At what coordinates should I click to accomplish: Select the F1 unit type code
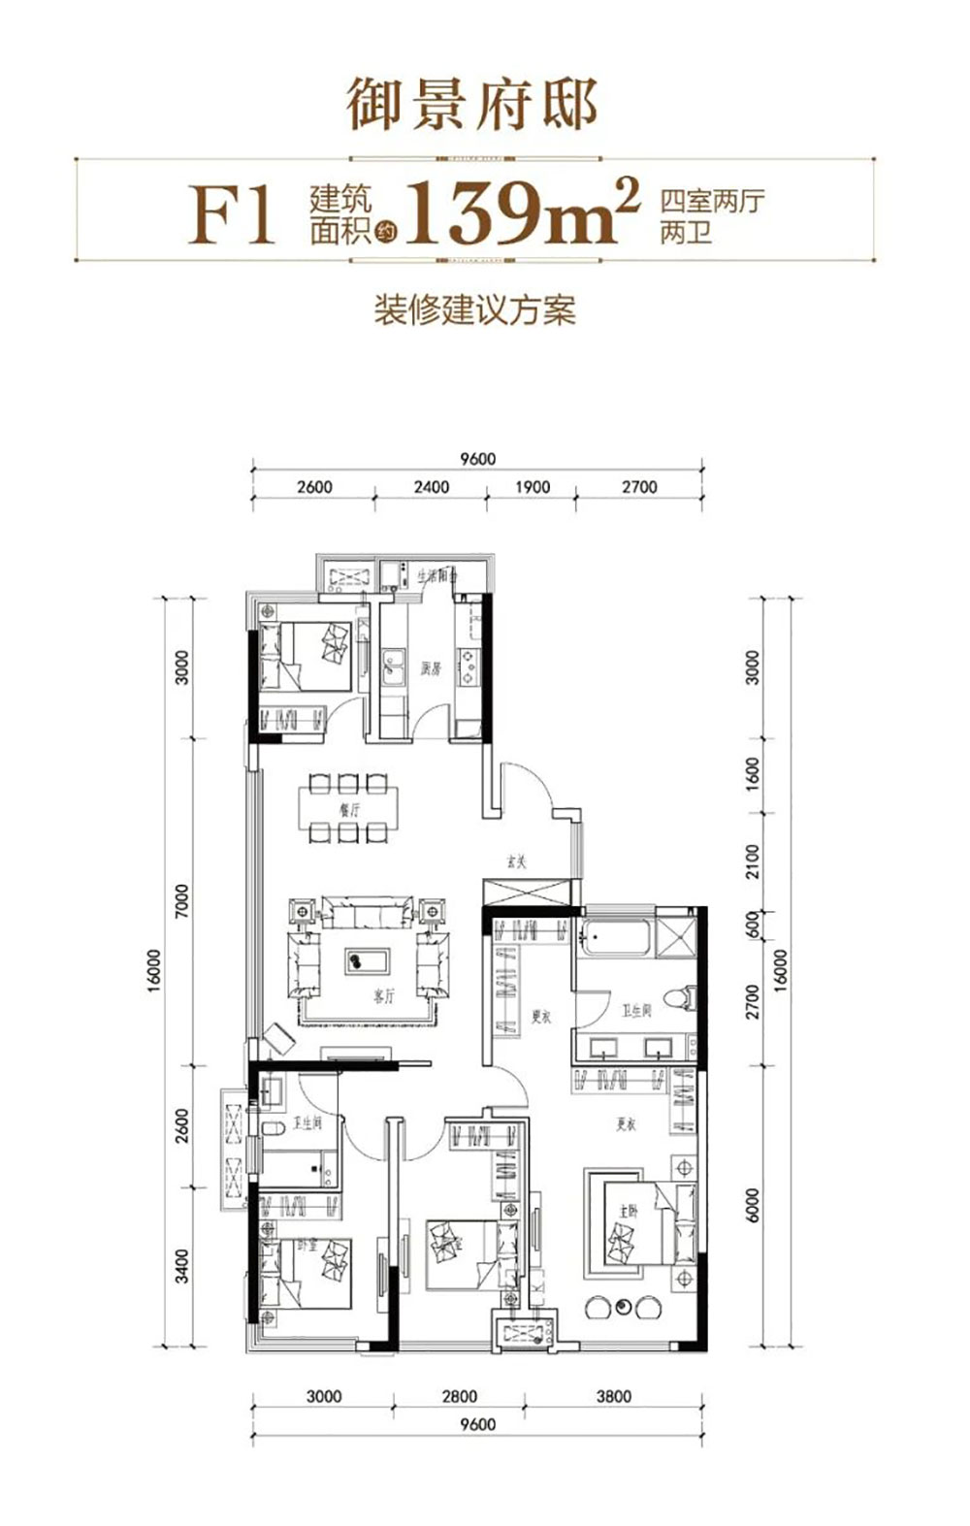click(233, 215)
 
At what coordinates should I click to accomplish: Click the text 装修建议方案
click(474, 310)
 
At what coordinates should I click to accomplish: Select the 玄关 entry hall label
click(516, 860)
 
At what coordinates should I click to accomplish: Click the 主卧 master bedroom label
click(626, 1211)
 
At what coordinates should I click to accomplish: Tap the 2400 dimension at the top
click(431, 487)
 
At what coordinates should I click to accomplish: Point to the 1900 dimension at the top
click(532, 487)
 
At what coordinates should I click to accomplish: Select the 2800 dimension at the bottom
click(459, 1396)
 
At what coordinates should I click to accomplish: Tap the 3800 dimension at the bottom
click(613, 1396)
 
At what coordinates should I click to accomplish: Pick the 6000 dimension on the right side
click(755, 1204)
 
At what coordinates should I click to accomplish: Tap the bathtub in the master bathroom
click(615, 938)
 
